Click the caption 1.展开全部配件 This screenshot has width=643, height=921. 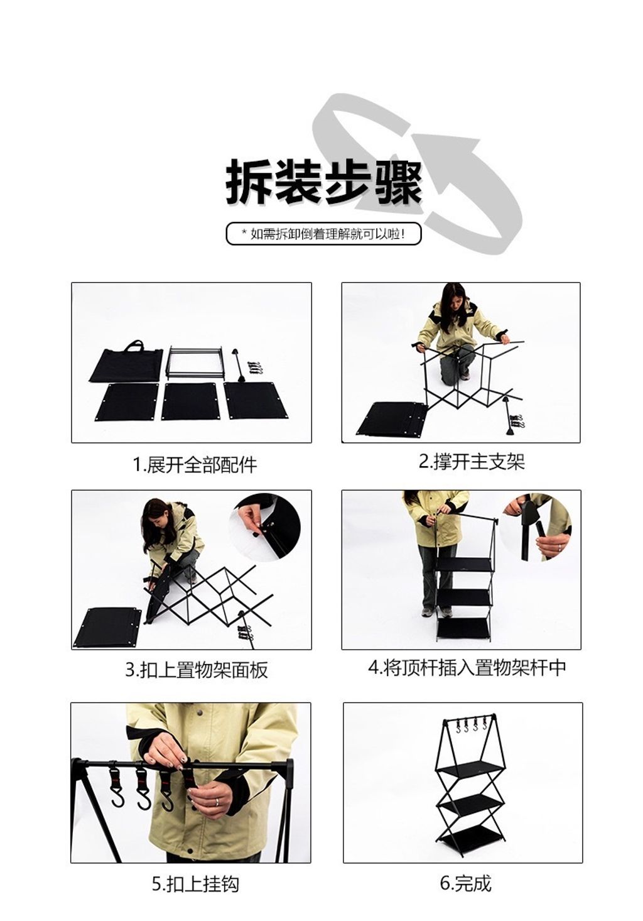(x=195, y=465)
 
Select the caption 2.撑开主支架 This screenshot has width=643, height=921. (x=472, y=461)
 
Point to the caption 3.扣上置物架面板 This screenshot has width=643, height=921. (x=197, y=669)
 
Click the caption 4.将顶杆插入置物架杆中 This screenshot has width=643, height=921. (x=467, y=667)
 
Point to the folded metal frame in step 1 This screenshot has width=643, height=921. (x=194, y=362)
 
